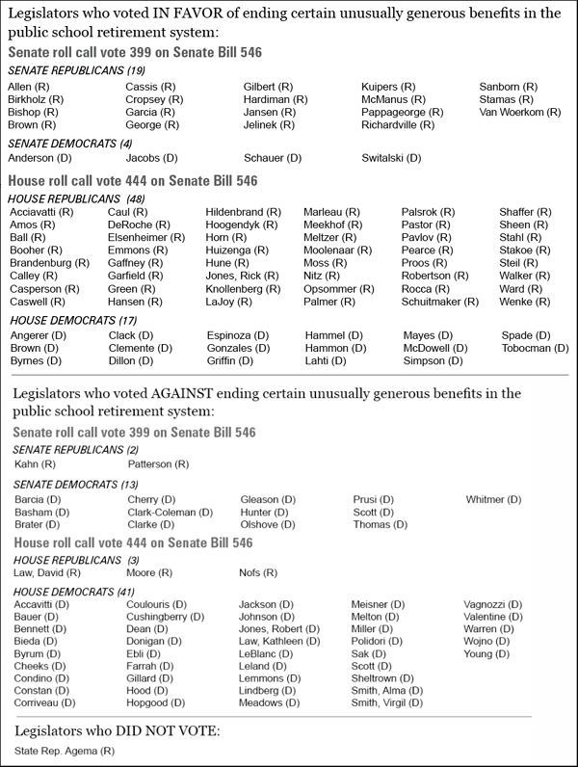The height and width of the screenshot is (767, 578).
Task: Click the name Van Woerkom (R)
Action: click(519, 113)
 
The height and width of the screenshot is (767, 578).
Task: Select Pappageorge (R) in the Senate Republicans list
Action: click(402, 113)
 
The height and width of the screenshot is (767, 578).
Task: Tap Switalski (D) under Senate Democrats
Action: click(392, 158)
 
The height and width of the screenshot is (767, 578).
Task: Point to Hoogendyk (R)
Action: click(244, 225)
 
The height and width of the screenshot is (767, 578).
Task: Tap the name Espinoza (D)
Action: click(238, 335)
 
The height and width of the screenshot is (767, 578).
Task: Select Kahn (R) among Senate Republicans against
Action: click(35, 464)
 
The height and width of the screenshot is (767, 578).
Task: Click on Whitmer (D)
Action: click(493, 500)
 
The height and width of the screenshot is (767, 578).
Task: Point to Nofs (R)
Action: click(258, 573)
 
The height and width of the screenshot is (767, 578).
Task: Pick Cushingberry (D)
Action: click(165, 617)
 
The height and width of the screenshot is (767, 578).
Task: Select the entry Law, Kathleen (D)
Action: click(279, 641)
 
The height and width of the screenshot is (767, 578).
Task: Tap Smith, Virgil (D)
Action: click(386, 703)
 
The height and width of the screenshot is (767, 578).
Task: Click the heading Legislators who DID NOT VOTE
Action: click(118, 731)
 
